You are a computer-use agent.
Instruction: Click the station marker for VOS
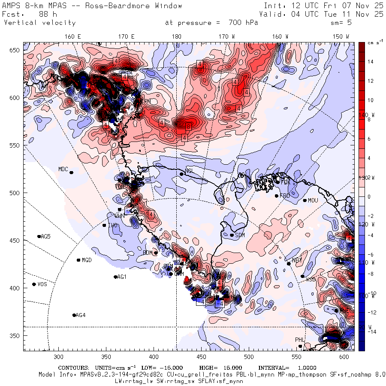(x=34, y=284)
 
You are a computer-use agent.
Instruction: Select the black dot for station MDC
(x=71, y=172)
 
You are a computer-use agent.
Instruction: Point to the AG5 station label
(x=45, y=236)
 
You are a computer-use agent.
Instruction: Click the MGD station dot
(x=78, y=260)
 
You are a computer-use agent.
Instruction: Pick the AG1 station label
(x=122, y=277)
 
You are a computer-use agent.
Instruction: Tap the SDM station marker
(x=232, y=235)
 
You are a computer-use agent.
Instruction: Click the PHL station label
(x=300, y=340)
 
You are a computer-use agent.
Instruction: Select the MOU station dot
(x=305, y=200)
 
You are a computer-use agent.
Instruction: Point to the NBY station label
(x=296, y=260)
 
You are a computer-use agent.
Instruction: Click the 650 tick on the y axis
(x=16, y=51)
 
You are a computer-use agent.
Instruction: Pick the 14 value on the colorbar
(x=371, y=62)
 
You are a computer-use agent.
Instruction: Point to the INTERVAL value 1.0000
(x=305, y=368)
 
